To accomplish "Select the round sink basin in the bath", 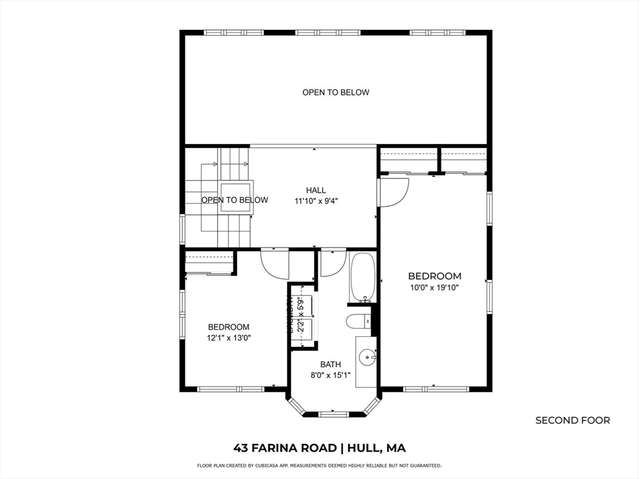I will coord(368,357).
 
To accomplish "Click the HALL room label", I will coord(316,190).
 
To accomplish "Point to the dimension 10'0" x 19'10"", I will coord(435,288).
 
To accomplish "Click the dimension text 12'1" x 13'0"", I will coord(228,337).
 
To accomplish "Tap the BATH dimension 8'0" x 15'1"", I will coord(331,375).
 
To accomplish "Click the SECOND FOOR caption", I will coord(572,420).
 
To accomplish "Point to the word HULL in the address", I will coord(365,448).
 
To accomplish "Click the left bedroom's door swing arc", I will coord(275,264).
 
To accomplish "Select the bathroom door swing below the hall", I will coord(330,263).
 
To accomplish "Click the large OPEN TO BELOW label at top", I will coord(336,92).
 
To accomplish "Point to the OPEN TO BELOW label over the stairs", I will coord(235,200).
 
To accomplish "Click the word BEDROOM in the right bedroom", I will coord(435,276).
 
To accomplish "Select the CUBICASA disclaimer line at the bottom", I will coord(319,465).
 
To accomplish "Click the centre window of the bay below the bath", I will coord(331,414).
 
